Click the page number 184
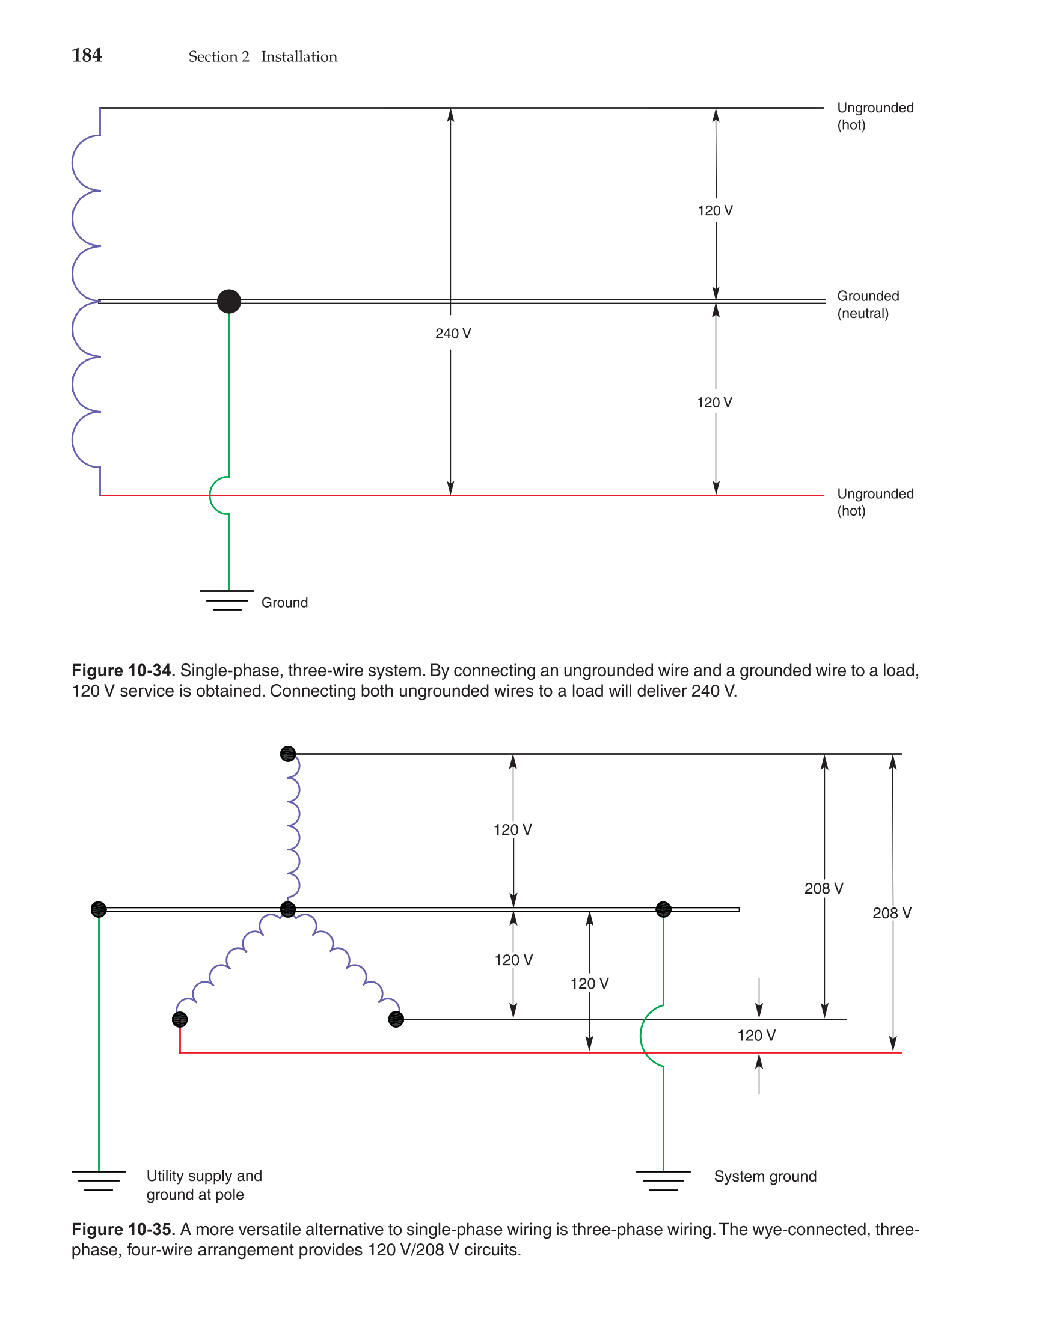pos(87,55)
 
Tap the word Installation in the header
pos(299,56)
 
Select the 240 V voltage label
pos(453,333)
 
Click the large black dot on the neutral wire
pos(229,301)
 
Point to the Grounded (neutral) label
pos(867,304)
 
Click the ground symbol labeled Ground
pos(227,599)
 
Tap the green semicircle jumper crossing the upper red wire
pos(215,495)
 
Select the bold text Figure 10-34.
pos(123,670)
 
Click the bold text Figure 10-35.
pos(123,1229)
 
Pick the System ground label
pos(765,1176)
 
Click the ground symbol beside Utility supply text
pos(99,1180)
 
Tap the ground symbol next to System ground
pos(663,1180)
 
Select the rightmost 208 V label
pos(891,913)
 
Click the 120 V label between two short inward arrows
pos(756,1035)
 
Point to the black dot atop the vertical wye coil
pos(287,754)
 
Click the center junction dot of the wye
pos(287,909)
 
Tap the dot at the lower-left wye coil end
pos(180,1019)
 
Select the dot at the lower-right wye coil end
pos(396,1019)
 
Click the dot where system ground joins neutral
pos(663,909)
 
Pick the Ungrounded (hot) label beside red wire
pos(875,502)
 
